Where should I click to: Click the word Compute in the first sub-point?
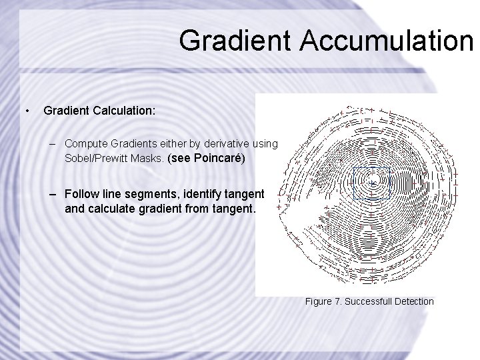click(x=85, y=143)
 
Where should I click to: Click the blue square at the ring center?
click(x=371, y=183)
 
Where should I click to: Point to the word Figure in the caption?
click(x=319, y=302)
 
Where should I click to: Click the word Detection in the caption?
click(x=415, y=302)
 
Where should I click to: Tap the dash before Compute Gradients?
click(x=52, y=143)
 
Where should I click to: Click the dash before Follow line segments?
click(x=52, y=194)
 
